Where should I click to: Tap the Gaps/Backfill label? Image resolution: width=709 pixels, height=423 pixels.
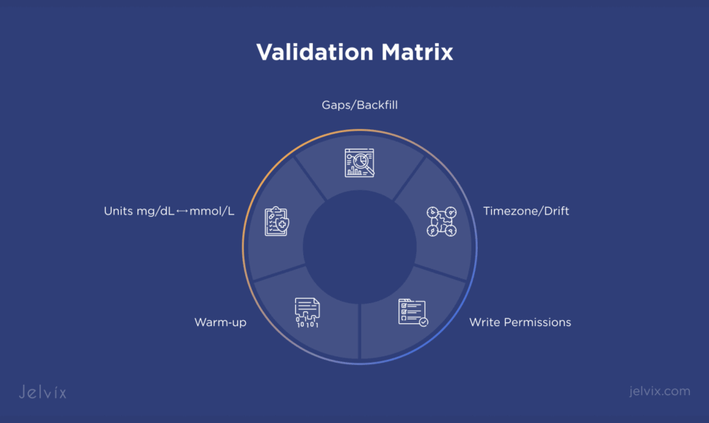point(360,105)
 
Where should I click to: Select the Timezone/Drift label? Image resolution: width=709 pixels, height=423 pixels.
point(526,211)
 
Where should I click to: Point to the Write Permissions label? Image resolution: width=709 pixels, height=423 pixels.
point(520,322)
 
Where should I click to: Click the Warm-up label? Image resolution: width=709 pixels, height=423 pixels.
point(220,322)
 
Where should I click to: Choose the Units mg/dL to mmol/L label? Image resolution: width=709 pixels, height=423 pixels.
point(169,211)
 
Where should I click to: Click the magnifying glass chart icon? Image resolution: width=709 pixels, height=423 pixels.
point(360,163)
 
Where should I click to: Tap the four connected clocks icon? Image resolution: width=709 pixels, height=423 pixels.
point(441,221)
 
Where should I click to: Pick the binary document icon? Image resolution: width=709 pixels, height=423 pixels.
point(307,312)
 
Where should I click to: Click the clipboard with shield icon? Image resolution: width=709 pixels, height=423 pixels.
point(277,221)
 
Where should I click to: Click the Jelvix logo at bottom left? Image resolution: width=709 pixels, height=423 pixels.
point(42,391)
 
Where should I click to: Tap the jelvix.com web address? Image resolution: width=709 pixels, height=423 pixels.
point(659,391)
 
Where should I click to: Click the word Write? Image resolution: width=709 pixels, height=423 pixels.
point(484,322)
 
